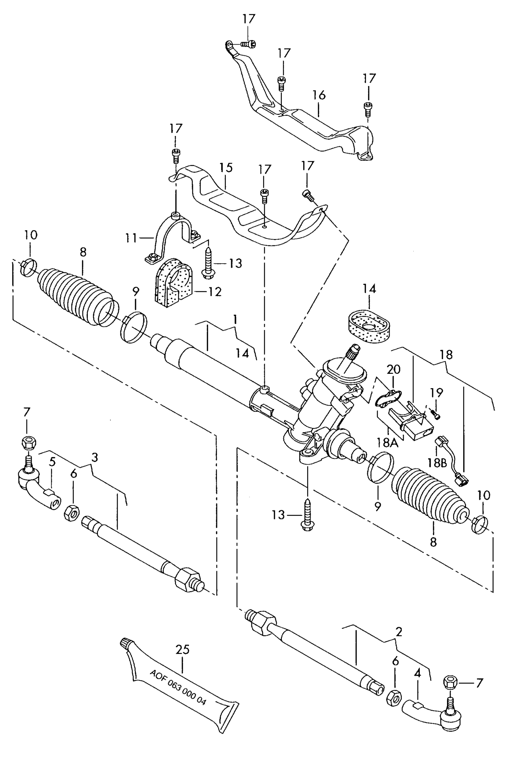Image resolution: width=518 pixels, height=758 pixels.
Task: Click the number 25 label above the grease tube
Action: [182, 649]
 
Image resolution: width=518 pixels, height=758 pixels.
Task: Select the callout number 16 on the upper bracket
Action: [319, 95]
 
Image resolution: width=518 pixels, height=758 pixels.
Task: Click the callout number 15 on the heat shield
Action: [226, 168]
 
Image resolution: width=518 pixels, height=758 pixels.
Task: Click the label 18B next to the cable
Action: [436, 463]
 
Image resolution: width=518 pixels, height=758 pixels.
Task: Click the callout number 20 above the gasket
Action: [394, 369]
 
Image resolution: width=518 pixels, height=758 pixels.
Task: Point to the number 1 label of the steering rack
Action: [235, 319]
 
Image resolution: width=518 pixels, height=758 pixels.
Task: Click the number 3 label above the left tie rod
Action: [94, 457]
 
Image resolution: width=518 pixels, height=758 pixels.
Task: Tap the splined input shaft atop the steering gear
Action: [353, 352]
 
